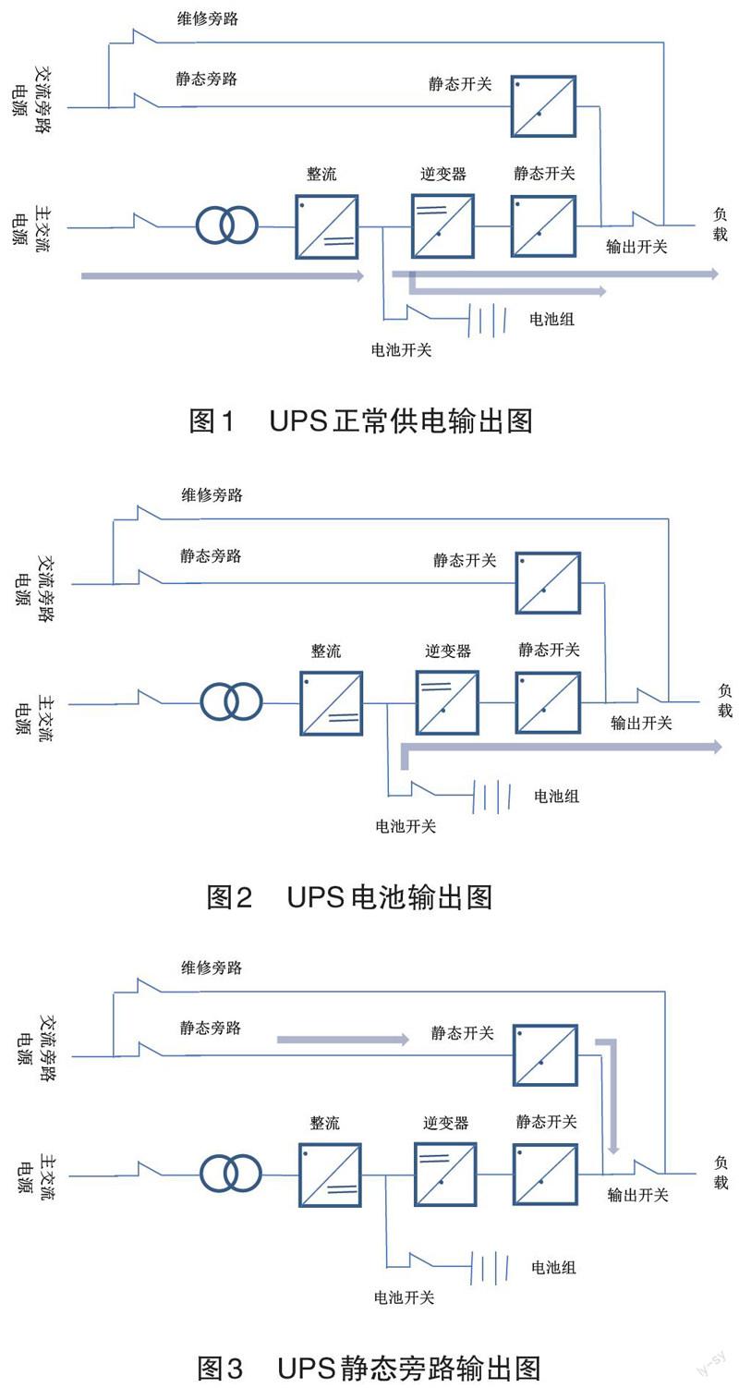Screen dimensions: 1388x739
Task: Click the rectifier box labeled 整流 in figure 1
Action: (327, 226)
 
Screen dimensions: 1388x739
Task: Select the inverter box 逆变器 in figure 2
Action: (447, 703)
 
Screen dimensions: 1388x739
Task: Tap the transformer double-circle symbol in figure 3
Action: (231, 1175)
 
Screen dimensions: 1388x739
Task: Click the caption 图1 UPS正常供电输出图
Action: (361, 421)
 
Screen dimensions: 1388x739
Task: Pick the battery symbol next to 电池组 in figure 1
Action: (491, 319)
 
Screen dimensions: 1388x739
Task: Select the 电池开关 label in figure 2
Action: (406, 825)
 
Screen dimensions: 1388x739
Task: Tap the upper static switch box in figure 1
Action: (543, 106)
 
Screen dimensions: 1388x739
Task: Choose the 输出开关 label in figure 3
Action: (637, 1195)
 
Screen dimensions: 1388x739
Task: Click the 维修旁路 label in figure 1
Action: (208, 18)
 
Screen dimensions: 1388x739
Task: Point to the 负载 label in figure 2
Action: (725, 700)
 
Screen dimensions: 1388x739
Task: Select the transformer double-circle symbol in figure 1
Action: (227, 225)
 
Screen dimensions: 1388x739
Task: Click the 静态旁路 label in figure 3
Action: (210, 1028)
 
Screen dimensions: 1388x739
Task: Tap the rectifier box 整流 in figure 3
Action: (330, 1175)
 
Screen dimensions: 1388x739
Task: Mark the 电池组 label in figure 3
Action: (553, 1267)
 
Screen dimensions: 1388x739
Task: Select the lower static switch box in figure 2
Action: (548, 703)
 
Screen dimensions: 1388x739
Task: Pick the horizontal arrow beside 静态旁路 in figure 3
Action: (342, 1040)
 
